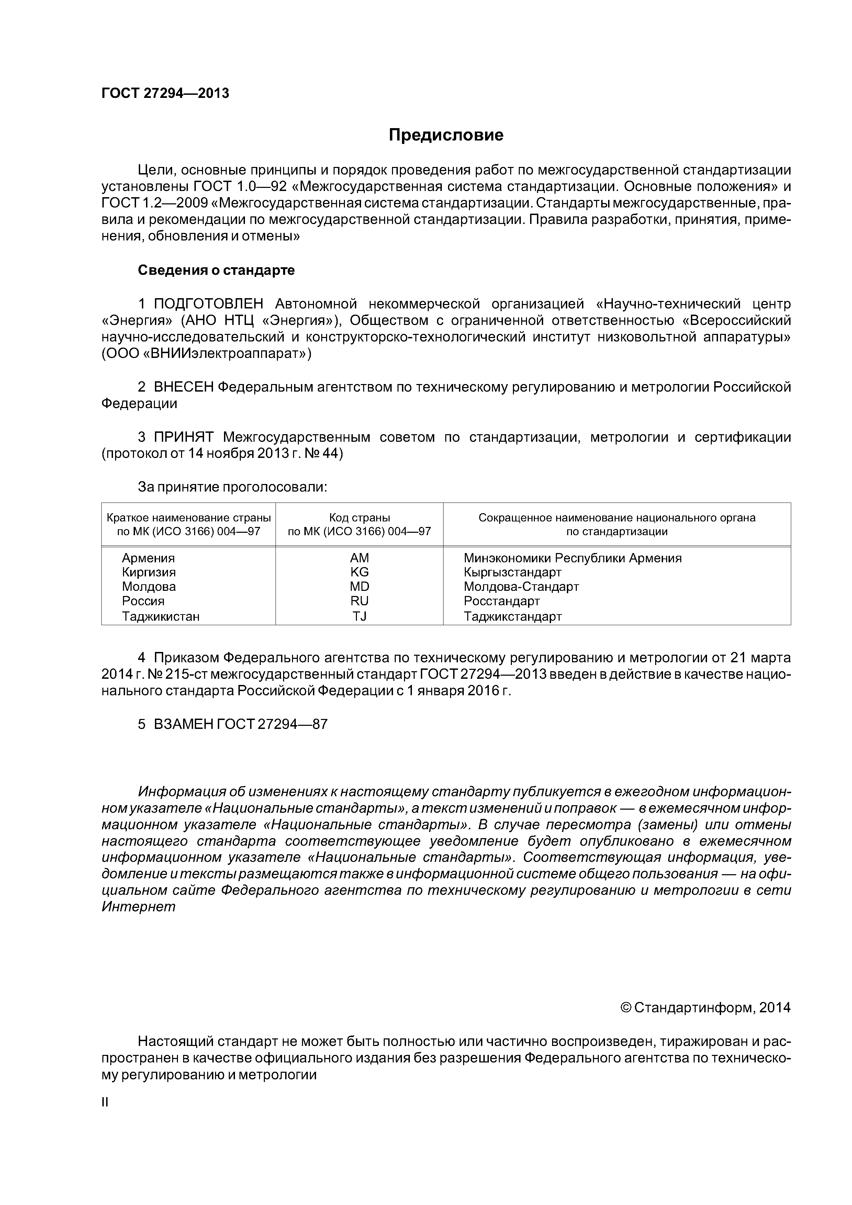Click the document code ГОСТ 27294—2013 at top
coord(165,93)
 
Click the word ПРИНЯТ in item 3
coord(184,437)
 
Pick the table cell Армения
coord(148,558)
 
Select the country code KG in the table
coord(360,572)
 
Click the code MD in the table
coord(360,586)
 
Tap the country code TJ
coord(360,616)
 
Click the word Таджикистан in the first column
coord(161,616)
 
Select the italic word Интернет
coord(138,906)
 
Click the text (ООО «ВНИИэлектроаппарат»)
coord(206,354)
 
